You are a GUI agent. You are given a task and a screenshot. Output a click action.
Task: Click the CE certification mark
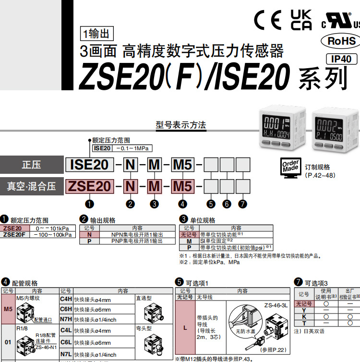pyautogui.click(x=267, y=21)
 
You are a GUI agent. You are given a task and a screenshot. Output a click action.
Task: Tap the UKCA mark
pyautogui.click(x=301, y=20)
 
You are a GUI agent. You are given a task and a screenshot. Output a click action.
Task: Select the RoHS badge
pyautogui.click(x=341, y=40)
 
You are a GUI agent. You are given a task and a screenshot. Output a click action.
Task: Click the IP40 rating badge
pyautogui.click(x=341, y=59)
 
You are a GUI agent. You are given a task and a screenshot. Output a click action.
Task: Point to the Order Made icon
pyautogui.click(x=290, y=167)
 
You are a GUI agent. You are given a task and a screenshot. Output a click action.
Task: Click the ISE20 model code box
pyautogui.click(x=89, y=165)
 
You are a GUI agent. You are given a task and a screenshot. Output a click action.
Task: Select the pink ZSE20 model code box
pyautogui.click(x=89, y=186)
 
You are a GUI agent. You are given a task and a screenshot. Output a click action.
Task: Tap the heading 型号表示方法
pyautogui.click(x=181, y=125)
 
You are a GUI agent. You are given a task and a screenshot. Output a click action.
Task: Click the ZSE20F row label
pyautogui.click(x=15, y=235)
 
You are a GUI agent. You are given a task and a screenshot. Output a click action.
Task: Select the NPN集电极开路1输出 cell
pyautogui.click(x=137, y=234)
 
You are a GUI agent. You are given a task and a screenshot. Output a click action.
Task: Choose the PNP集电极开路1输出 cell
pyautogui.click(x=137, y=241)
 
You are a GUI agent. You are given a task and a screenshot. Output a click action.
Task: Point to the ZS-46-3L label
pyautogui.click(x=276, y=305)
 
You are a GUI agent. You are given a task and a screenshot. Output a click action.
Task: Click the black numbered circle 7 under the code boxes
pyautogui.click(x=243, y=204)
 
